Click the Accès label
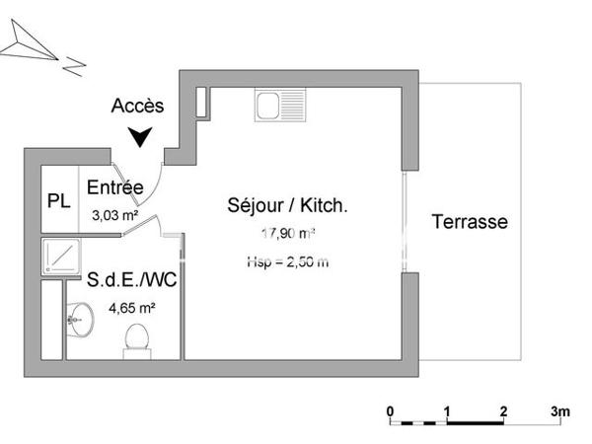(x=138, y=106)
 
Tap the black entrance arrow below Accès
(x=145, y=138)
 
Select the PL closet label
(x=58, y=200)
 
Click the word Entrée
(x=115, y=187)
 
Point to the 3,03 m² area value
(x=114, y=213)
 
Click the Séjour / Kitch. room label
(x=287, y=206)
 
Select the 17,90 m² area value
(x=287, y=234)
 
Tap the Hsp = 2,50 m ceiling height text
(x=287, y=261)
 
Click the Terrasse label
(x=470, y=222)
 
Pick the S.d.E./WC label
(x=123, y=280)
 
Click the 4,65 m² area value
(x=124, y=307)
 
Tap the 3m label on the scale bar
(x=560, y=409)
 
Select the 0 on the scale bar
(x=391, y=409)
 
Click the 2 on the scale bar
(x=504, y=409)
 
